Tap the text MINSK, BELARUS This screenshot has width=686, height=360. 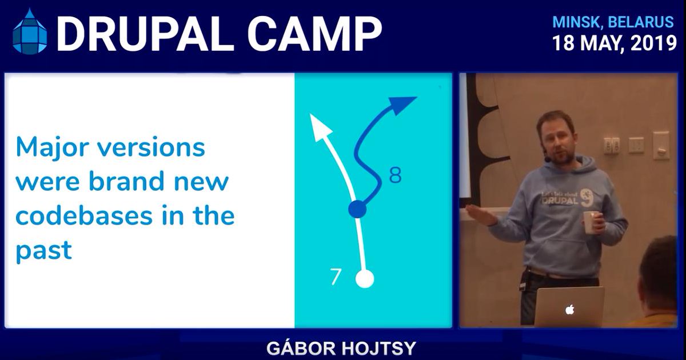pyautogui.click(x=613, y=22)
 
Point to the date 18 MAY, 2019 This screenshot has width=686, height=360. pyautogui.click(x=614, y=43)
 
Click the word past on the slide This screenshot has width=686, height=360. pyautogui.click(x=43, y=251)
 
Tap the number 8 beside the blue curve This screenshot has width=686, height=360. pyautogui.click(x=395, y=176)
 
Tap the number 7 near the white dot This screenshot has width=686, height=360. pyautogui.click(x=336, y=277)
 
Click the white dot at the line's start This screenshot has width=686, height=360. pyautogui.click(x=364, y=279)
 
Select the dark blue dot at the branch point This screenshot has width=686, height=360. pyautogui.click(x=357, y=210)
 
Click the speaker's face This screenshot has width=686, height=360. pyautogui.click(x=558, y=139)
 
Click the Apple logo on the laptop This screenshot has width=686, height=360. pyautogui.click(x=569, y=310)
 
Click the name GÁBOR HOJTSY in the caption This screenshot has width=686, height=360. pyautogui.click(x=341, y=348)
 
